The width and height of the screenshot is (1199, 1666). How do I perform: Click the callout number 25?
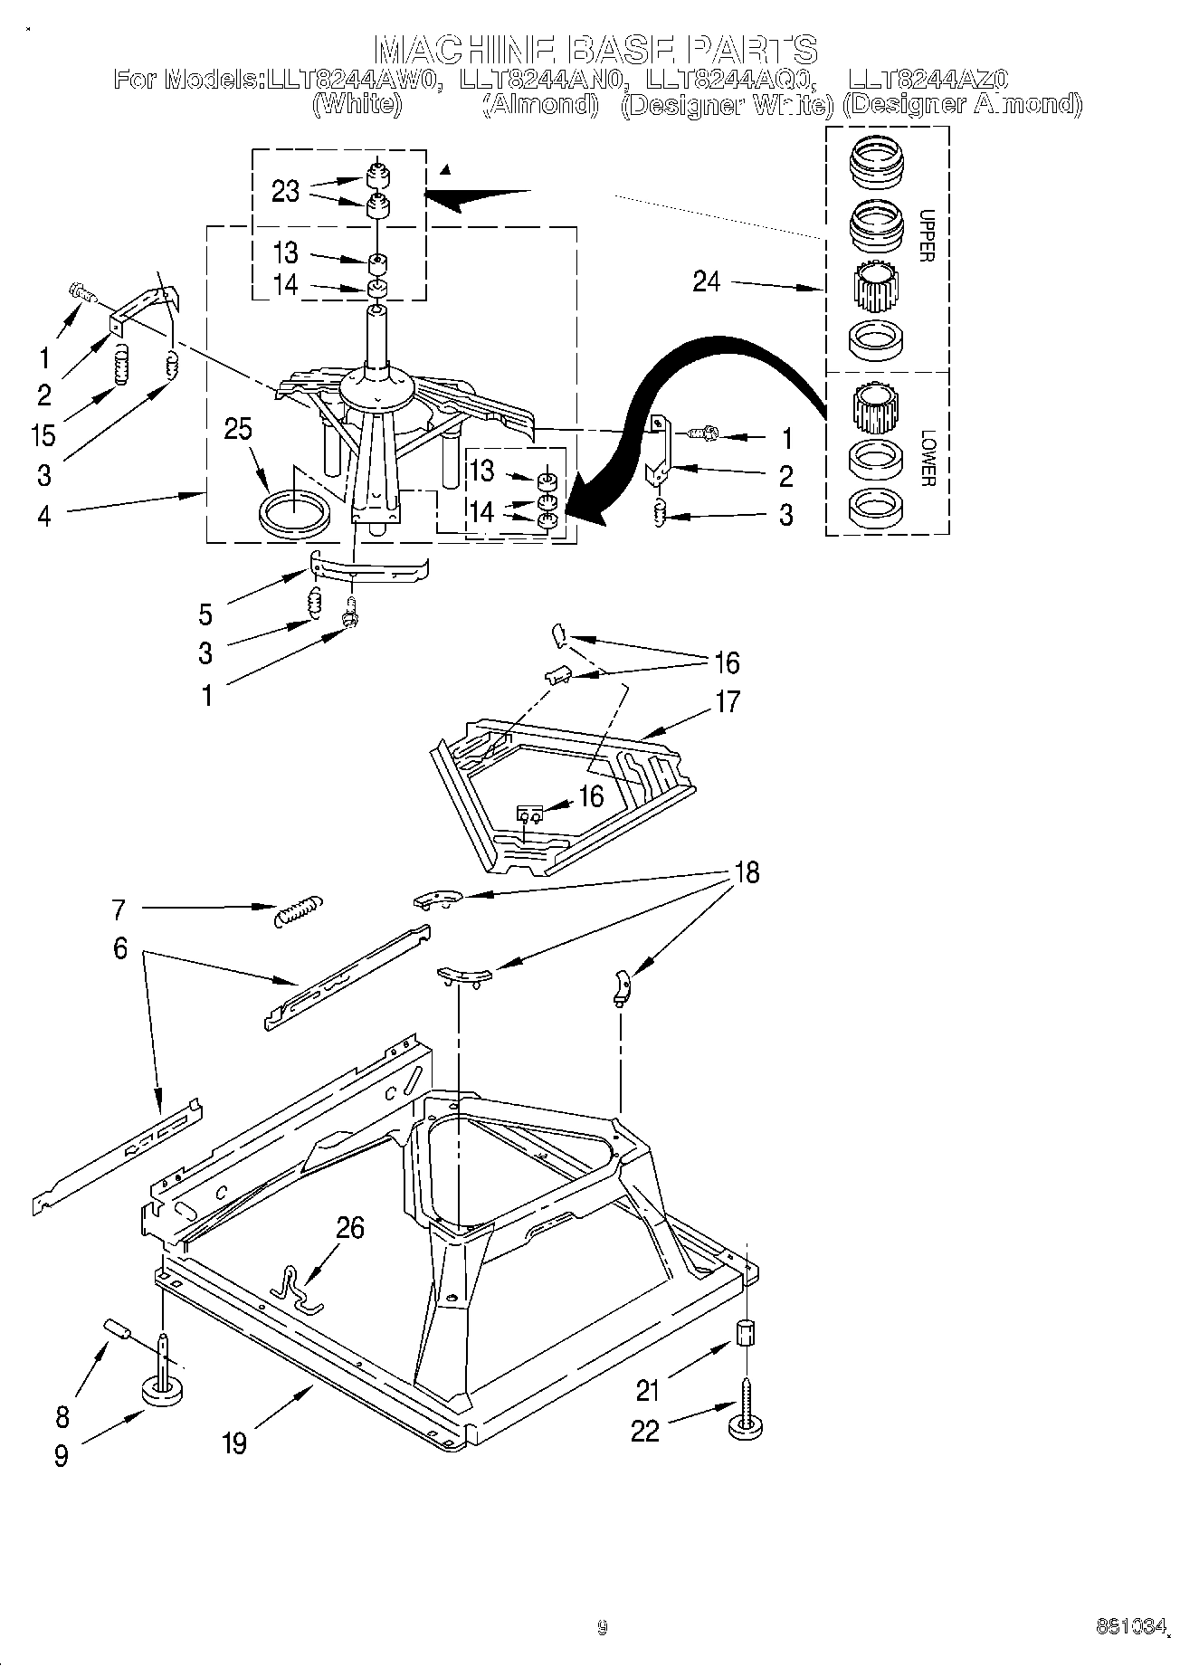click(238, 429)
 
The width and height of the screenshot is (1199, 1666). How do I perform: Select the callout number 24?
click(707, 281)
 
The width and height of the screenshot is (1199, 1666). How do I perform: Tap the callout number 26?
click(350, 1228)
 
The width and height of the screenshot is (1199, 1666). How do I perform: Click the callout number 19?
click(234, 1442)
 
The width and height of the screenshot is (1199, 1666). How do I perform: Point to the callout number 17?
click(728, 701)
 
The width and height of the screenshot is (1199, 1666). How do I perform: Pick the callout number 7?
click(119, 908)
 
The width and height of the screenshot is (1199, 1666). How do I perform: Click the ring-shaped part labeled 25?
click(292, 513)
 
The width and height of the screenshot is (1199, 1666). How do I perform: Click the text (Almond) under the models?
click(540, 105)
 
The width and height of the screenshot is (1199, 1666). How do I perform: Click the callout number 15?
click(42, 434)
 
